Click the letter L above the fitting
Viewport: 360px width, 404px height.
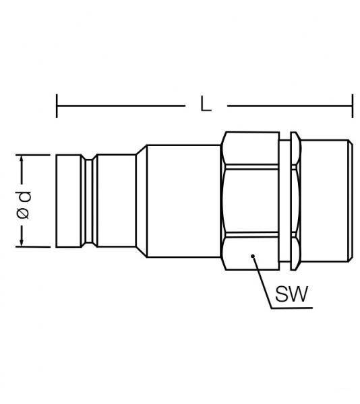[x=206, y=105]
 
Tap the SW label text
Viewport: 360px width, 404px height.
[x=291, y=294]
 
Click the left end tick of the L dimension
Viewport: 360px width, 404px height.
[x=57, y=106]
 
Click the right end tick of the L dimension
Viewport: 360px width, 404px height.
[x=353, y=106]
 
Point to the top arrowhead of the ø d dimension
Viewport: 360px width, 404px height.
[x=23, y=160]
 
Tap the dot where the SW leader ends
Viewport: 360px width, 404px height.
[x=252, y=256]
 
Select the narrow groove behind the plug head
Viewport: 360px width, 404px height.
[x=88, y=201]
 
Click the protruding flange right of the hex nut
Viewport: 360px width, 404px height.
[x=295, y=201]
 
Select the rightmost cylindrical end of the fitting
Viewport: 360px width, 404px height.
[x=327, y=201]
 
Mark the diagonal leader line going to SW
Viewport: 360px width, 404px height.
[x=262, y=282]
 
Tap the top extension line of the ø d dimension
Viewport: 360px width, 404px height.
[x=37, y=155]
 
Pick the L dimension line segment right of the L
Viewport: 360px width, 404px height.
[x=290, y=106]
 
